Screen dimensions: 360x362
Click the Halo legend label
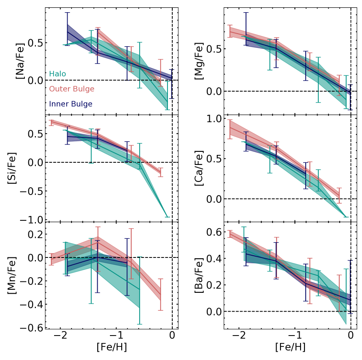(x=58, y=74)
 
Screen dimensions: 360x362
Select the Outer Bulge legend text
(x=72, y=89)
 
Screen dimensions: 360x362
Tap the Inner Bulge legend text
(x=71, y=104)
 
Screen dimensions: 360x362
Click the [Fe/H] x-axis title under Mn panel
(x=112, y=347)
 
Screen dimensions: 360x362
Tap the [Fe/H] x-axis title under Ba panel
(x=290, y=347)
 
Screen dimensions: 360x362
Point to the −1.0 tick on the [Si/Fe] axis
(x=31, y=220)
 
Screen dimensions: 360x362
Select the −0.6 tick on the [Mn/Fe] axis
(x=31, y=327)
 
